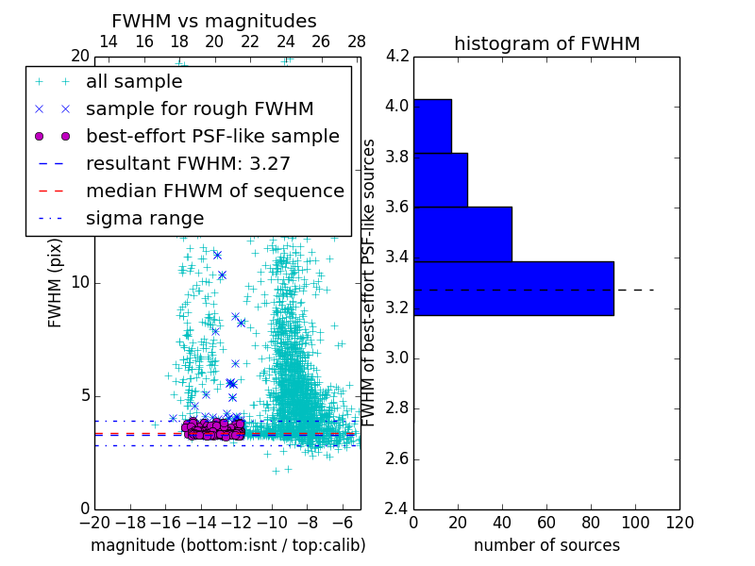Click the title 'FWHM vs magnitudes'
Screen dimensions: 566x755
tap(214, 22)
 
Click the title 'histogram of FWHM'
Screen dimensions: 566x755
tap(546, 43)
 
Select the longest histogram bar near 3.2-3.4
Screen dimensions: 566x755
tap(513, 288)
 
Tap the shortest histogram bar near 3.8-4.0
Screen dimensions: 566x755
tap(432, 125)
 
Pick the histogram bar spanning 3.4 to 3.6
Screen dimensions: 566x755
tap(462, 234)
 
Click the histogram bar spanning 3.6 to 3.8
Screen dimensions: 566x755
tap(440, 179)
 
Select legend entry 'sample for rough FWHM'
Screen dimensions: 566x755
tap(199, 108)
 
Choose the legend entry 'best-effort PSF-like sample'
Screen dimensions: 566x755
tap(212, 136)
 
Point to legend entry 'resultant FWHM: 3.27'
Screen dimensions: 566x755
tap(188, 163)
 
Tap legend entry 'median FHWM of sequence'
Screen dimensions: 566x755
tap(214, 191)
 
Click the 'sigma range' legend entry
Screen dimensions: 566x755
tap(144, 218)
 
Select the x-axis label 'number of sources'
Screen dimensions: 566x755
tap(546, 545)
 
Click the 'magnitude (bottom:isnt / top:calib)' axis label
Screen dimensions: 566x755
tap(227, 545)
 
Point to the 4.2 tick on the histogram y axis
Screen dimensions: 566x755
tap(396, 56)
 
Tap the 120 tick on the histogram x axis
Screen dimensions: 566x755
tap(679, 522)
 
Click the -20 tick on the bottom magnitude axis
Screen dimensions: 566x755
tap(94, 522)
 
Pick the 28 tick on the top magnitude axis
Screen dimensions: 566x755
tap(357, 42)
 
